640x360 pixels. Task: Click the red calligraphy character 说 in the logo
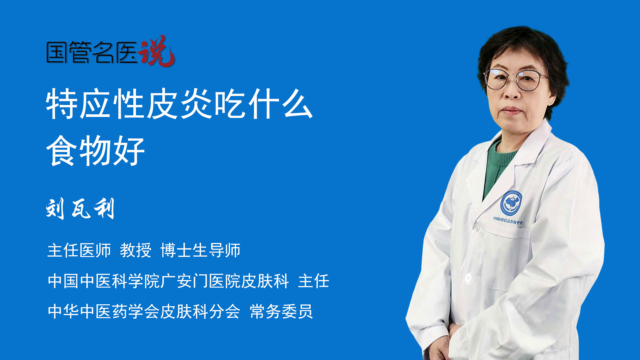click(x=157, y=51)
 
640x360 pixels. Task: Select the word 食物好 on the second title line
click(x=95, y=151)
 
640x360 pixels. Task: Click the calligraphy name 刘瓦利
click(x=80, y=209)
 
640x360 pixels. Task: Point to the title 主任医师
click(x=79, y=250)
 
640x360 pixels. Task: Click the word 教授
click(x=136, y=250)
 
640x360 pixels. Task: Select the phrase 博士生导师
click(x=200, y=250)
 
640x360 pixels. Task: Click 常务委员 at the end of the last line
click(x=281, y=312)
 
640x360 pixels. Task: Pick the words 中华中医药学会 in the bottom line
click(x=104, y=312)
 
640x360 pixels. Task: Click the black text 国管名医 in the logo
click(x=92, y=52)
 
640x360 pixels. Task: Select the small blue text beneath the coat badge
click(x=508, y=220)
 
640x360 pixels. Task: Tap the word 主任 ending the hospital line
click(x=314, y=281)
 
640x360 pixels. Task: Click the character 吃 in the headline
click(x=230, y=104)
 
